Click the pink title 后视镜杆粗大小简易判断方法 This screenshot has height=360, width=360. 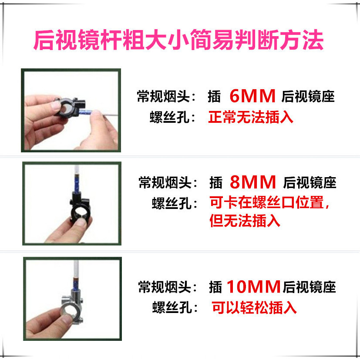pos(178,40)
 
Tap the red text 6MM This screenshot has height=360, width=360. pos(252,96)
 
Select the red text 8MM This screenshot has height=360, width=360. pos(252,182)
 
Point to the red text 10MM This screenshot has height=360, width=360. pos(253,286)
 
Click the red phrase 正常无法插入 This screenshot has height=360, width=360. pos(251,117)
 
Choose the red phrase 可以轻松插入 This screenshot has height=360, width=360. pos(254,307)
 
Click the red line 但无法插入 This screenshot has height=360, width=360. pos(245,221)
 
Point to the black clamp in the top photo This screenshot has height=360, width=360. pos(70,106)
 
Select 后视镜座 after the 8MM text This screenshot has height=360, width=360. pos(310,182)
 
